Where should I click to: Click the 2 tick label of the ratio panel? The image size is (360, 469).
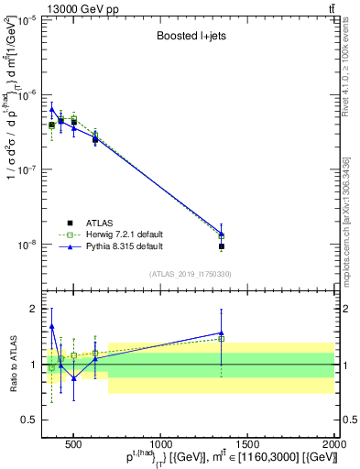[34, 309]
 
